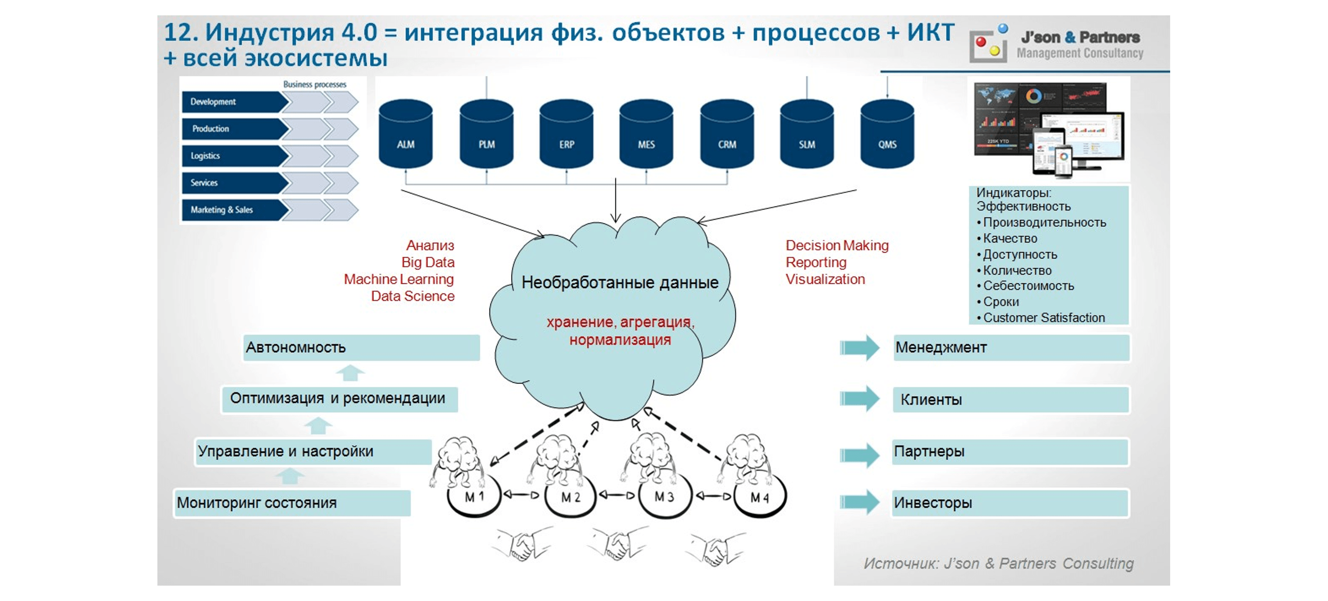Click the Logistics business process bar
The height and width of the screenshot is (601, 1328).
tap(235, 156)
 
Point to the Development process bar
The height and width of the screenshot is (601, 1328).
tap(235, 102)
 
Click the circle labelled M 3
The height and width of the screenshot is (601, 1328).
tap(665, 497)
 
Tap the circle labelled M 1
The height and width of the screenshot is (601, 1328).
tap(474, 497)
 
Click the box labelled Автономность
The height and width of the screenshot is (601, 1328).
tap(361, 347)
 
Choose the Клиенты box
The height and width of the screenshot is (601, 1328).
tap(1011, 399)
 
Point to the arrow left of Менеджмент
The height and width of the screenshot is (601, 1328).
tap(859, 347)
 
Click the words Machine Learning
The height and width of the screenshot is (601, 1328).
tap(399, 279)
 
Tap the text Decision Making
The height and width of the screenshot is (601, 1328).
tap(837, 246)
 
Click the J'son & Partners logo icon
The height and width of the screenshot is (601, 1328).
tap(988, 45)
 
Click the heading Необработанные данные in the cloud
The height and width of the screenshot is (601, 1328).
tap(619, 282)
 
